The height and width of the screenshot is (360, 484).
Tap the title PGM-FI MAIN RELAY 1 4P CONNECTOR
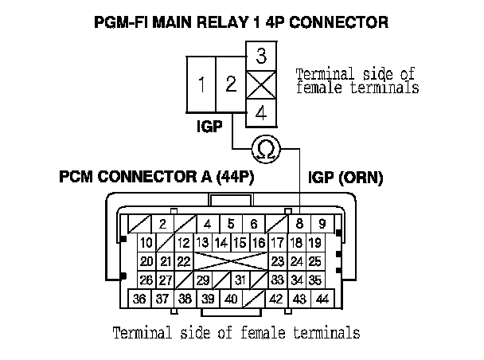(242, 23)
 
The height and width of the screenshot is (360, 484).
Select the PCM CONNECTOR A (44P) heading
(156, 177)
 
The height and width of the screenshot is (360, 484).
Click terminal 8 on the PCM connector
(299, 225)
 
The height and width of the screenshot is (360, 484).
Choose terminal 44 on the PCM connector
(322, 299)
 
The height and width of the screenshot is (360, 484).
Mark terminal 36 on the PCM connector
(139, 299)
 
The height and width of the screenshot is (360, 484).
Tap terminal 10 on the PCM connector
(146, 243)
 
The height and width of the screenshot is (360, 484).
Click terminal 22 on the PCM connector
(184, 261)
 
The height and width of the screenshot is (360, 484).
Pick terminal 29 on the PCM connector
(203, 280)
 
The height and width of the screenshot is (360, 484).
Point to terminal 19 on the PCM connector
(314, 243)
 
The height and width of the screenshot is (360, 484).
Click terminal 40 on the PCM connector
(231, 299)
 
